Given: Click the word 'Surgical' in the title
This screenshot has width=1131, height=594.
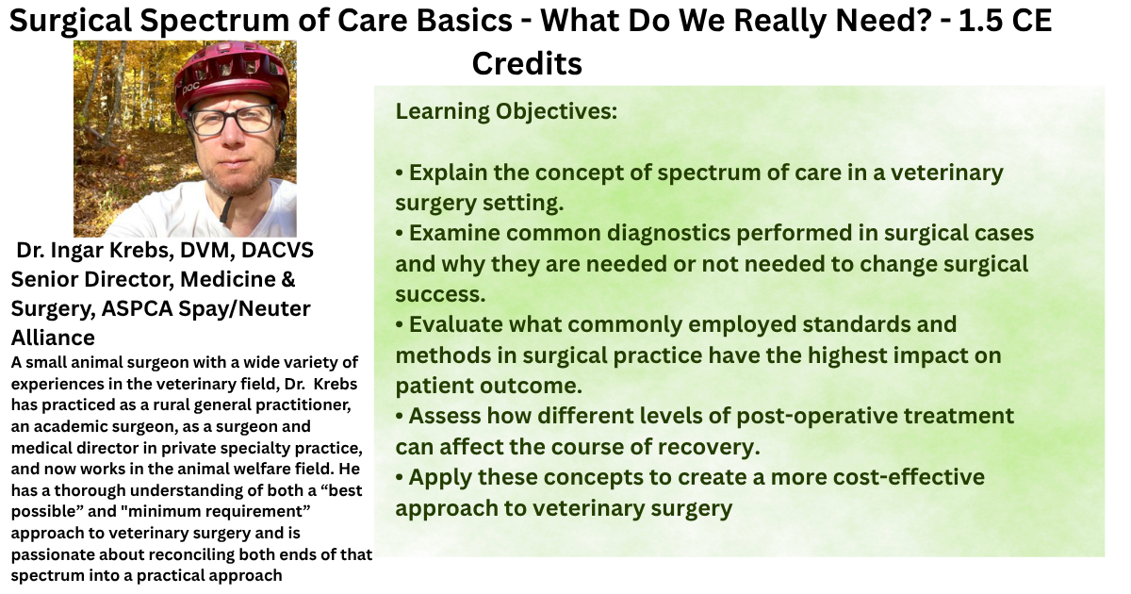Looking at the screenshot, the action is tap(72, 22).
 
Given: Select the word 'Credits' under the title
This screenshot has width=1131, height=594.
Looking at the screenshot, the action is tap(527, 64).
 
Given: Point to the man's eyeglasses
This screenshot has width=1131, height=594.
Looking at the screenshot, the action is tap(233, 122).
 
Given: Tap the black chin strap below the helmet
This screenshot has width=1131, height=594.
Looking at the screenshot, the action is tap(226, 209).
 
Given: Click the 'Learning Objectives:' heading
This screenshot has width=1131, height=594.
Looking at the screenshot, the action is tap(506, 111).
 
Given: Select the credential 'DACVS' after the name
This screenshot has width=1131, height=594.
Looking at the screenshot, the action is tap(277, 250).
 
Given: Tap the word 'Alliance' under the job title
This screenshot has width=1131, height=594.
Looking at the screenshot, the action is tap(53, 338).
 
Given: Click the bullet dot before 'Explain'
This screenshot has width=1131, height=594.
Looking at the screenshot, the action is tap(400, 173).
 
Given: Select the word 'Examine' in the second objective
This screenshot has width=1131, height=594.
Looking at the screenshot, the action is tap(454, 234).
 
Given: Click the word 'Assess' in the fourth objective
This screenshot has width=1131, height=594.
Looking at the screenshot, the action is tap(444, 416).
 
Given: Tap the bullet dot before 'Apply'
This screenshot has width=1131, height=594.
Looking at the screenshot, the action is tap(400, 478).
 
